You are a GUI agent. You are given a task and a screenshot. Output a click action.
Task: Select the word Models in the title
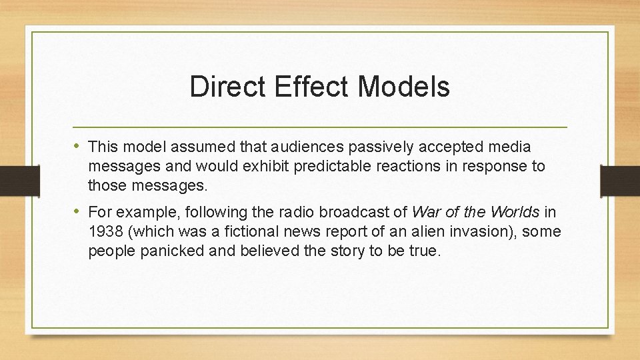(x=404, y=87)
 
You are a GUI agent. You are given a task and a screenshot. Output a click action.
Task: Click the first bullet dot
(x=79, y=146)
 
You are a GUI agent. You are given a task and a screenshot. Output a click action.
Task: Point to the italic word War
(x=427, y=213)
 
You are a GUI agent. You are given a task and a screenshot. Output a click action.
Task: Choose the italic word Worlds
(x=517, y=213)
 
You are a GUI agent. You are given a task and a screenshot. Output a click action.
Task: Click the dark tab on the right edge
(x=620, y=180)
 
